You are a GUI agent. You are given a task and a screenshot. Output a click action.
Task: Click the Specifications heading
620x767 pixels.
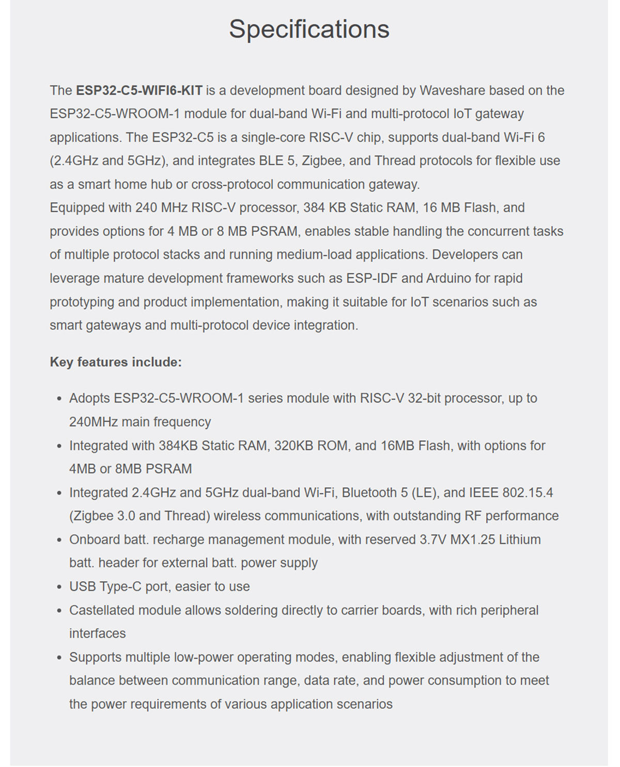pos(309,29)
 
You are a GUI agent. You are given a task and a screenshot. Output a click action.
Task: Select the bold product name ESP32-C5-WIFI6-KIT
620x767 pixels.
pos(139,90)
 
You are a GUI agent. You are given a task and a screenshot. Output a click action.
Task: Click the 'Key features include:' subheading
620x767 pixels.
pos(116,362)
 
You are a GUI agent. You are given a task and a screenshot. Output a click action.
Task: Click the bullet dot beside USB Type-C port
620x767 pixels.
pos(59,587)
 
